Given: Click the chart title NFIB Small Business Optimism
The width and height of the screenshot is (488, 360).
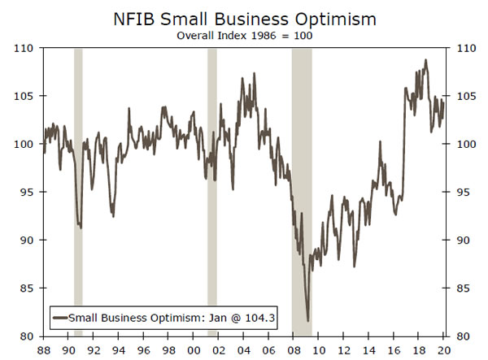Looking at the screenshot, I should (243, 17).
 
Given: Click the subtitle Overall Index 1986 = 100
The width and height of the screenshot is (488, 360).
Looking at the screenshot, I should (243, 35).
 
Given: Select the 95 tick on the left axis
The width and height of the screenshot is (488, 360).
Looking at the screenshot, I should (27, 193).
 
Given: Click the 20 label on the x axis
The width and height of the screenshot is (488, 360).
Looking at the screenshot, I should (444, 350).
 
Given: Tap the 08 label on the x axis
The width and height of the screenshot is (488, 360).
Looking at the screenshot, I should (294, 350).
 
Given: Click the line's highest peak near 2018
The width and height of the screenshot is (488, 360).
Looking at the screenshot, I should (425, 60).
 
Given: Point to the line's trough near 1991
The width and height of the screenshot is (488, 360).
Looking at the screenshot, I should (80, 227).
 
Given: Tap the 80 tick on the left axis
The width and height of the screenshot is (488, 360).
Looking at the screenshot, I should (27, 336).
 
